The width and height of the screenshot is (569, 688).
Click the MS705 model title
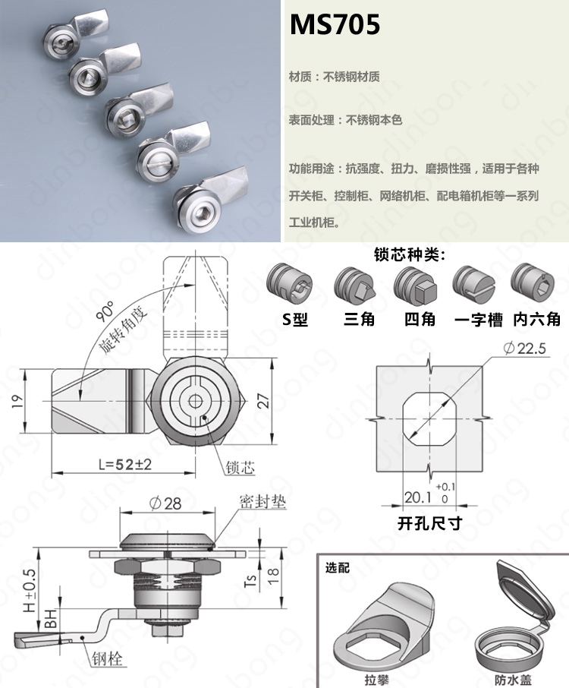pyautogui.click(x=335, y=24)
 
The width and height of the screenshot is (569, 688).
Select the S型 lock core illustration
pyautogui.click(x=290, y=285)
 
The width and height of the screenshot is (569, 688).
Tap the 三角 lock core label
pyautogui.click(x=359, y=319)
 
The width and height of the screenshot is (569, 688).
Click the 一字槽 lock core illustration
pyautogui.click(x=474, y=284)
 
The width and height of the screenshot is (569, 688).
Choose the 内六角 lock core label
pyautogui.click(x=537, y=319)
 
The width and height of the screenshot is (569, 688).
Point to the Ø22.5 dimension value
pyautogui.click(x=525, y=349)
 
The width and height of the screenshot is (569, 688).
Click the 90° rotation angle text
pyautogui.click(x=105, y=311)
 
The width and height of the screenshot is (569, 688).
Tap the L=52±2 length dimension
pyautogui.click(x=125, y=464)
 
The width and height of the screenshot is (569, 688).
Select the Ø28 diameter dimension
pyautogui.click(x=165, y=503)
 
